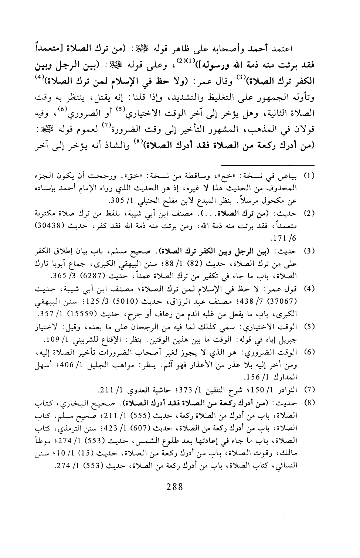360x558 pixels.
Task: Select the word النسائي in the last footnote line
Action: point(296,456)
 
